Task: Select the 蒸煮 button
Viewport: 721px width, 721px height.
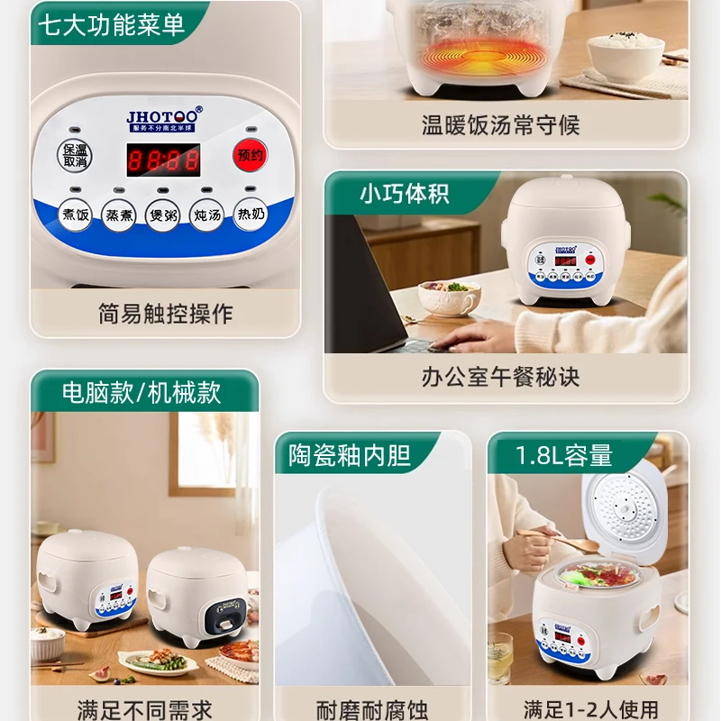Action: pyautogui.click(x=119, y=215)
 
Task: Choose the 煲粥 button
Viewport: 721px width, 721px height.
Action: pyautogui.click(x=162, y=216)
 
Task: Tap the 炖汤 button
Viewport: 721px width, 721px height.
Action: pyautogui.click(x=206, y=216)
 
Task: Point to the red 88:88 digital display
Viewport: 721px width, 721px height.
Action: pyautogui.click(x=162, y=160)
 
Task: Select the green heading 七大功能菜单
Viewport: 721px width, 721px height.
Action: pyautogui.click(x=112, y=24)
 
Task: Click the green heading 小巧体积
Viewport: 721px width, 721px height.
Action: pyautogui.click(x=404, y=194)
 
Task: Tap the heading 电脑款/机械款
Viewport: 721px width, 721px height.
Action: pyautogui.click(x=141, y=392)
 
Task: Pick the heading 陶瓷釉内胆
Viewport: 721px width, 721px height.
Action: pyautogui.click(x=350, y=454)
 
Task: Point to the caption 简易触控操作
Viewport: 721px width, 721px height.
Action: pyautogui.click(x=165, y=314)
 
